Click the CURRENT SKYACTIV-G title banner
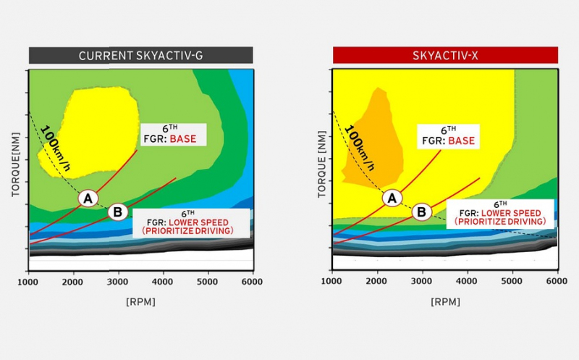(x=140, y=55)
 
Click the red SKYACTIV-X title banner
(x=444, y=55)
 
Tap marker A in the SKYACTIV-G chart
(x=88, y=198)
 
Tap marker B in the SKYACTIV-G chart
(x=118, y=212)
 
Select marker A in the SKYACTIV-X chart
(x=392, y=198)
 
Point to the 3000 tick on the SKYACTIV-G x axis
(x=118, y=281)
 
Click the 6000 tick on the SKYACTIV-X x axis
(x=557, y=281)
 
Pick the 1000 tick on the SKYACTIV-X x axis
(x=331, y=281)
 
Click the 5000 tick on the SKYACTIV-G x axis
(x=208, y=281)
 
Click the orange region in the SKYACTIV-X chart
(x=371, y=145)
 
